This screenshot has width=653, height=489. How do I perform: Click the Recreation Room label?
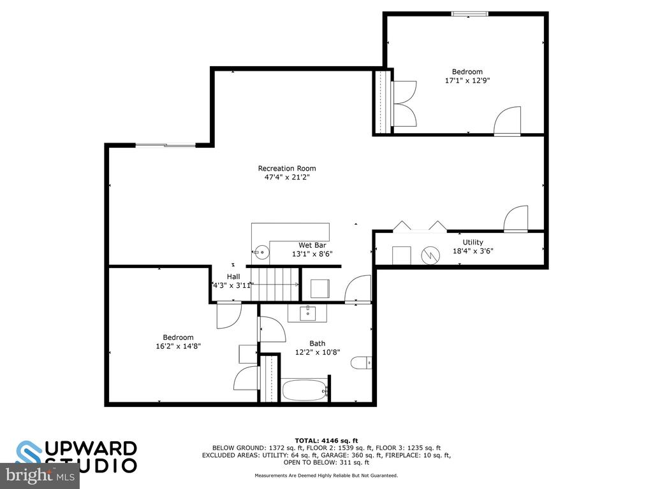(287, 168)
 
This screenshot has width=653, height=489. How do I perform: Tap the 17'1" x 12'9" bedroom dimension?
(467, 81)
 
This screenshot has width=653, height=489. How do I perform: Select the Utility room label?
(473, 242)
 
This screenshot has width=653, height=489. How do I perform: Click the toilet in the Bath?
(361, 362)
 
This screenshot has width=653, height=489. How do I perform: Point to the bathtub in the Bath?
(305, 390)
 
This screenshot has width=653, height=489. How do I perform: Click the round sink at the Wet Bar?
(262, 252)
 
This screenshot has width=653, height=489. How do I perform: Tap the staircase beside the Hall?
(275, 284)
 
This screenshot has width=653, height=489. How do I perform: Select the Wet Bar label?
(312, 245)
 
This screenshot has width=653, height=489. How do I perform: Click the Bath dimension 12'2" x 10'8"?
(318, 352)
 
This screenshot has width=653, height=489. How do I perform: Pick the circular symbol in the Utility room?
(430, 255)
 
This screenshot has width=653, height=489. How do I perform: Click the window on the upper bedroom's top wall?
(470, 14)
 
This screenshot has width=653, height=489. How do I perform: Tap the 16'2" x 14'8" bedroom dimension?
(179, 346)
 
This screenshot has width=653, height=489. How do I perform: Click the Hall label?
(233, 276)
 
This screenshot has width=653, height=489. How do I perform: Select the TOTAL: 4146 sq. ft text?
(326, 441)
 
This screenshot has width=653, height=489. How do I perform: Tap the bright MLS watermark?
(40, 475)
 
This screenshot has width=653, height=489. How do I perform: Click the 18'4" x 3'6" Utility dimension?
(473, 251)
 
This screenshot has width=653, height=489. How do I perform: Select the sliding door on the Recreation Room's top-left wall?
(166, 145)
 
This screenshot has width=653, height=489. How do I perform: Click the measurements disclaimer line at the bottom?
(326, 475)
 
